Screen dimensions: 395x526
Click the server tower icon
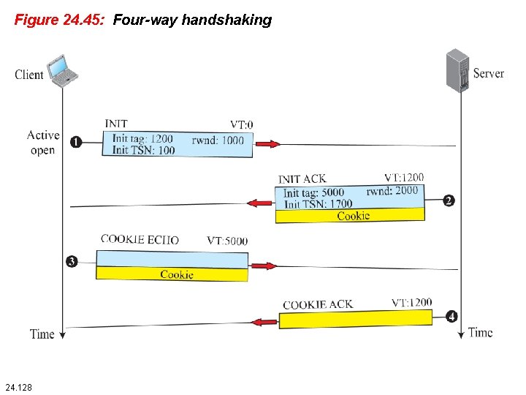(x=457, y=70)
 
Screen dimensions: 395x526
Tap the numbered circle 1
(x=75, y=142)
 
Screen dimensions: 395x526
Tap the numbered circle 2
(x=449, y=200)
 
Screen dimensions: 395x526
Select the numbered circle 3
(x=71, y=261)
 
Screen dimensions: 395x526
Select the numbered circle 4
(x=451, y=317)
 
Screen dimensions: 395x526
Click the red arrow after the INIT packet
(x=267, y=144)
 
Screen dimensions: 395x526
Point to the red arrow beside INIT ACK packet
(x=261, y=202)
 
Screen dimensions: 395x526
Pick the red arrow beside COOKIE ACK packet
(x=264, y=320)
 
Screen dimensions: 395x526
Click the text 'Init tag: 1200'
(x=142, y=139)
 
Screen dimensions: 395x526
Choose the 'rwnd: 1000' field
(x=218, y=140)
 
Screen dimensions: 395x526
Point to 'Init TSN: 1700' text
(x=318, y=204)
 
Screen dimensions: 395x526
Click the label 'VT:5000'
(x=226, y=240)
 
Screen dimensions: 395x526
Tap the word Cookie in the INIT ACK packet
(x=353, y=216)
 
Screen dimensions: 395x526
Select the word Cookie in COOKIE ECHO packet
(x=177, y=274)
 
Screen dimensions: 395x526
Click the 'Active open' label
(x=43, y=142)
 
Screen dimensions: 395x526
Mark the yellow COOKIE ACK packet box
(x=356, y=320)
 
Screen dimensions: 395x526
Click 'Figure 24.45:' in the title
(x=60, y=20)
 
